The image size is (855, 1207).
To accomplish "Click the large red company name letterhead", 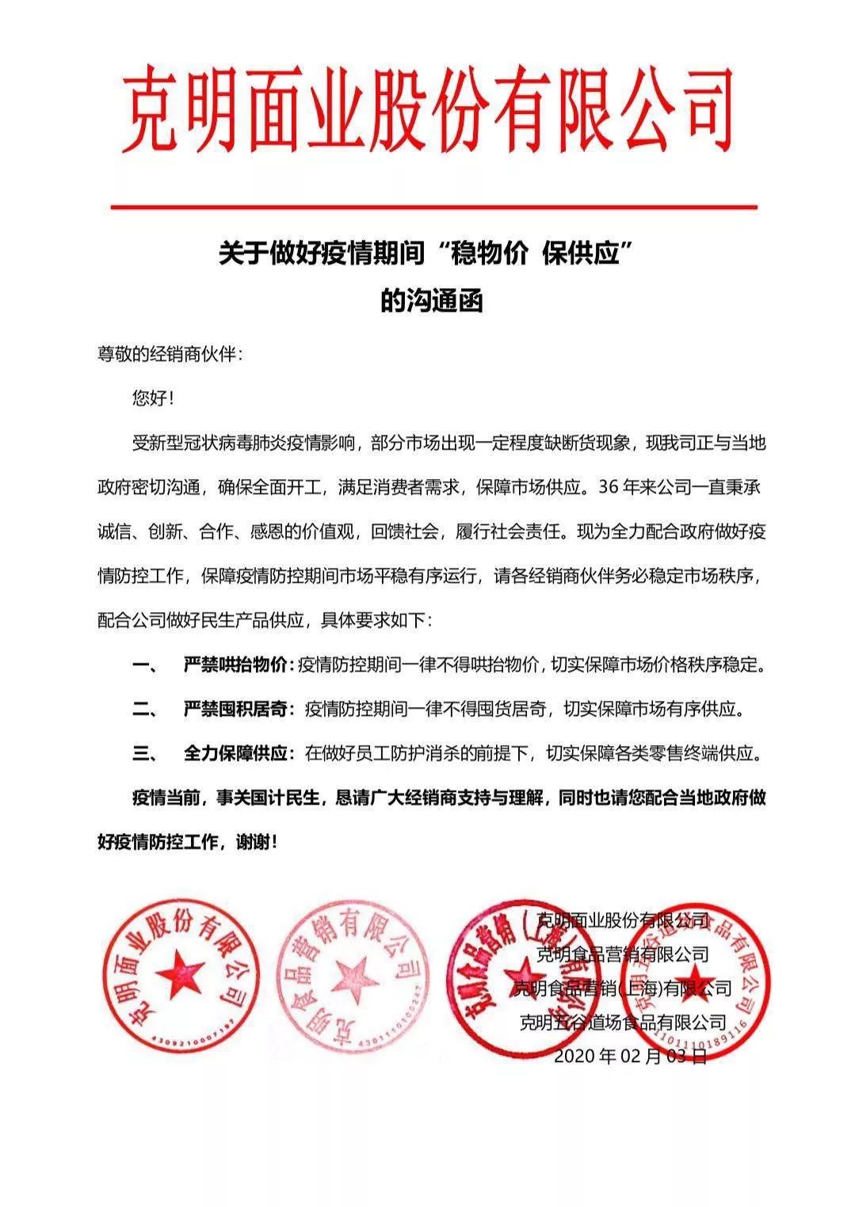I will click(427, 109).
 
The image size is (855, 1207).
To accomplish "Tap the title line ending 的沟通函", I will click(431, 302).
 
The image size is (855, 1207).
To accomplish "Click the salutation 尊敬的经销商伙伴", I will click(169, 354).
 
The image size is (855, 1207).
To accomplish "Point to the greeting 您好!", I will click(151, 398).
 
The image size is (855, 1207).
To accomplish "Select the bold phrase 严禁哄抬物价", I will click(239, 664).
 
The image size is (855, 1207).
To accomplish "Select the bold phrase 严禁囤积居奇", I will click(239, 709).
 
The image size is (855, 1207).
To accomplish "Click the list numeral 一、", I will click(146, 664).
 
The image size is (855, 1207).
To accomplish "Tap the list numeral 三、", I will click(146, 753).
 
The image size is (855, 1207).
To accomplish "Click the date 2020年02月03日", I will click(629, 1056).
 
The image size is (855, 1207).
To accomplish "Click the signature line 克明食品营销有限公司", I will click(623, 954).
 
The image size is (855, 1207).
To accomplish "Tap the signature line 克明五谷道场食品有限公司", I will click(623, 1022).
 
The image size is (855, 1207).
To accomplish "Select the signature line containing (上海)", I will click(623, 988).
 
